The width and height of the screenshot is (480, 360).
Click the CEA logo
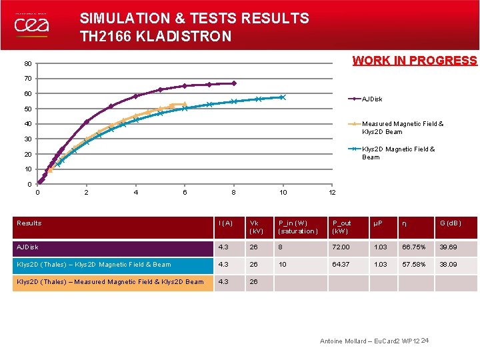point(31,25)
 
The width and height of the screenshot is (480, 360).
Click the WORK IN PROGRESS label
point(415,61)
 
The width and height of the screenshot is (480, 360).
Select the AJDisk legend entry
point(372,99)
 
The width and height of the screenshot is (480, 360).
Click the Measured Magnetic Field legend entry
point(402,127)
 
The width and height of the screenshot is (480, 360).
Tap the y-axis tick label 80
point(27,64)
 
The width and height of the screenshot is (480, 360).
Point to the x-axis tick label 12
point(332,193)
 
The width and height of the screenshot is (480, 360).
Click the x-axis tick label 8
point(233,193)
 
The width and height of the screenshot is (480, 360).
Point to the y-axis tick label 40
point(27,124)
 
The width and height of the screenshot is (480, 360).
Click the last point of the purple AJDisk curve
point(234,83)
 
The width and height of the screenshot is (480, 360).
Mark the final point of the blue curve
point(283,97)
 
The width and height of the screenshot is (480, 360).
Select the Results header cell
point(29,223)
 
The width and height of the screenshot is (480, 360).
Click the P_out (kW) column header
point(344,227)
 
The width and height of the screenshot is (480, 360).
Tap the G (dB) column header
point(451,223)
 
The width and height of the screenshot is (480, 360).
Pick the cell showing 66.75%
point(413,247)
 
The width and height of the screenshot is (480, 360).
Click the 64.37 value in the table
point(341,265)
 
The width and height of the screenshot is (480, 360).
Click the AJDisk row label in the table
point(28,247)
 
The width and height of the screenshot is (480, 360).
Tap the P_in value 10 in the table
point(283,265)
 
